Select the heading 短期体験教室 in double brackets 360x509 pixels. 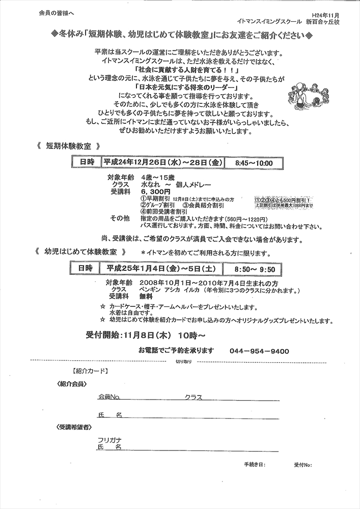pos(68,146)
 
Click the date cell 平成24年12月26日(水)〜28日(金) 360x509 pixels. pos(161,163)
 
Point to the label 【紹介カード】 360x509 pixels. pos(89,371)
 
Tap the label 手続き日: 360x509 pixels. pos(255,465)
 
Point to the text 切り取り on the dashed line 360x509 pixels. pos(184,361)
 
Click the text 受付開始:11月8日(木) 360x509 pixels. pos(129,335)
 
